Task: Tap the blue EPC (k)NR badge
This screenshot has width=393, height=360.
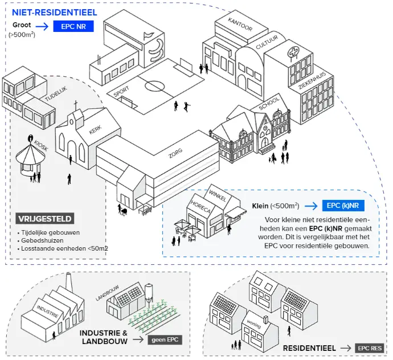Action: [x=342, y=206]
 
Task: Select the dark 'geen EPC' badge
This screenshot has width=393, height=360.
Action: [x=165, y=340]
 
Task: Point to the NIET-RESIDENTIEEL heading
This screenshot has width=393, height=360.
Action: [x=54, y=12]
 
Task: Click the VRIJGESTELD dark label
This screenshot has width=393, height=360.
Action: [x=45, y=219]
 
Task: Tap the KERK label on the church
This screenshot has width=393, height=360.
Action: [x=95, y=130]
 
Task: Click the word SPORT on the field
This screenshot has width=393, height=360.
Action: [x=121, y=92]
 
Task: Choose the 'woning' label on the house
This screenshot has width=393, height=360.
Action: [x=253, y=324]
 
